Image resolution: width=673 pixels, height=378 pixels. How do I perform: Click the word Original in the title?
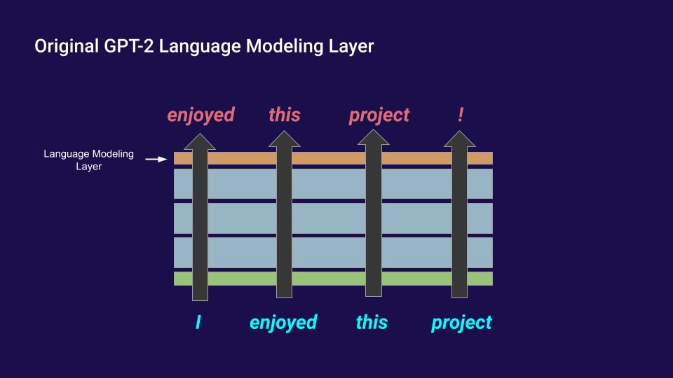(67, 46)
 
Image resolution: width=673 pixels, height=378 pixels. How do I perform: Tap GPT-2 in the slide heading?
(129, 46)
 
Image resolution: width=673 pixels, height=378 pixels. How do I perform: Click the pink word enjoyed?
(201, 115)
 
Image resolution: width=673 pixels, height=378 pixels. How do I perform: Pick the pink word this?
(285, 114)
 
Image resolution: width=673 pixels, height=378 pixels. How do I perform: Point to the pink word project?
(379, 115)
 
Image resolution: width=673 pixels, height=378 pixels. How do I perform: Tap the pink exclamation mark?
(461, 114)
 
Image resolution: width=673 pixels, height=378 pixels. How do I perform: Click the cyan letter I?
(198, 322)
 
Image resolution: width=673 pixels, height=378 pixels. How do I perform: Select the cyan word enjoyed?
(283, 323)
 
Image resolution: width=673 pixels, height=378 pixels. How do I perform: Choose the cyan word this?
(372, 322)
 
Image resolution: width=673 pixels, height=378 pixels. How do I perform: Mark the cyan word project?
(461, 323)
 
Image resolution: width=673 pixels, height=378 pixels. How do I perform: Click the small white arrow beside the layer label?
(156, 159)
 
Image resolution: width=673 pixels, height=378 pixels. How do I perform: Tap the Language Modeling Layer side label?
(89, 160)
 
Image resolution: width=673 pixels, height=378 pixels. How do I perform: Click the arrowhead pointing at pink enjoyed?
(200, 141)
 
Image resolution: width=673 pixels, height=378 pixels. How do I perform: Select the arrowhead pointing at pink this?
(284, 139)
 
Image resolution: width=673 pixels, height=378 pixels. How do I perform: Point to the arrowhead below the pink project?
(374, 137)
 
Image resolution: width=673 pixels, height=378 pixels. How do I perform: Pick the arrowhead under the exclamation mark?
(460, 139)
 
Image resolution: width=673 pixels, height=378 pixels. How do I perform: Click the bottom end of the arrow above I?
(200, 300)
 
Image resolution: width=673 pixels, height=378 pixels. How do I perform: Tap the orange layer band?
(333, 158)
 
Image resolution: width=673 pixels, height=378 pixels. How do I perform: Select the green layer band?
(333, 279)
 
